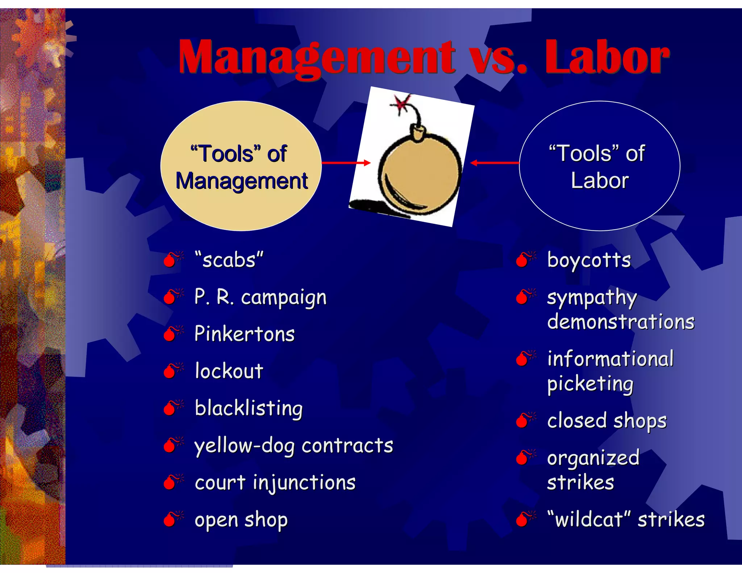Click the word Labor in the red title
[x=607, y=57]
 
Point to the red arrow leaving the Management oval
[x=346, y=163]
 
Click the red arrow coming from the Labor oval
[x=495, y=163]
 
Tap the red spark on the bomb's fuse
[x=401, y=103]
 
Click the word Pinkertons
[x=245, y=334]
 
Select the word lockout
[x=229, y=371]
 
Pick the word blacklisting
[x=249, y=408]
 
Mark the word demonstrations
[x=621, y=322]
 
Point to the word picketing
[x=591, y=384]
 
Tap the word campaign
[x=284, y=298]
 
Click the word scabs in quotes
[x=229, y=260]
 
